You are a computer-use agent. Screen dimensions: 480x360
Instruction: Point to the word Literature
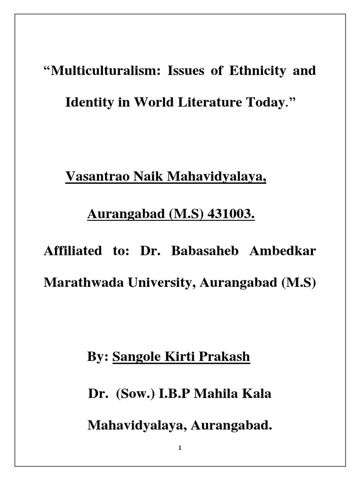pos(202,102)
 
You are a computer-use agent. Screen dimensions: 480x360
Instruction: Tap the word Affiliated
pos(73,251)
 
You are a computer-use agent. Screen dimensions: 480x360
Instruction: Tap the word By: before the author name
pos(98,357)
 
